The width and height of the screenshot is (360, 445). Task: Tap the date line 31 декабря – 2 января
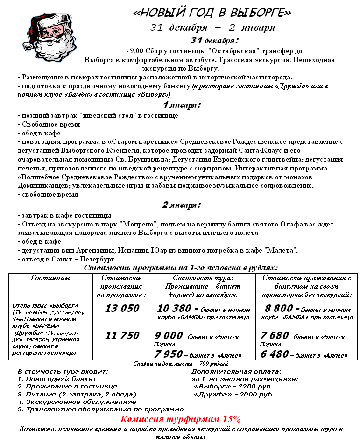[212, 27]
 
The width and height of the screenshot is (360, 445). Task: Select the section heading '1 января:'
[182, 105]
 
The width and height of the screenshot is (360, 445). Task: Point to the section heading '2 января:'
[182, 205]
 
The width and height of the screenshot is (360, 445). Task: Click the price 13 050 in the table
[122, 308]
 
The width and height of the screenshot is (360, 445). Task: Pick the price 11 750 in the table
[122, 335]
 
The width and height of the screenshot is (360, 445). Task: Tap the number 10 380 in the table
[174, 309]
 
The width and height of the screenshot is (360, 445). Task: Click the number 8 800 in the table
[279, 309]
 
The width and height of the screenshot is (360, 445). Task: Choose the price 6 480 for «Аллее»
[274, 354]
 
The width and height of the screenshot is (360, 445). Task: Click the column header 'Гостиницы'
[50, 278]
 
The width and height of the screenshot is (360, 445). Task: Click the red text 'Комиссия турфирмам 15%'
[180, 418]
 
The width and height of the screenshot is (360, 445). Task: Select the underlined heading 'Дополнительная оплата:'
[236, 372]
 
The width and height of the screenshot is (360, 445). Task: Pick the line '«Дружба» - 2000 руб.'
[233, 394]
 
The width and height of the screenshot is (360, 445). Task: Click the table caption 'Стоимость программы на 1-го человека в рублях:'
[180, 268]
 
